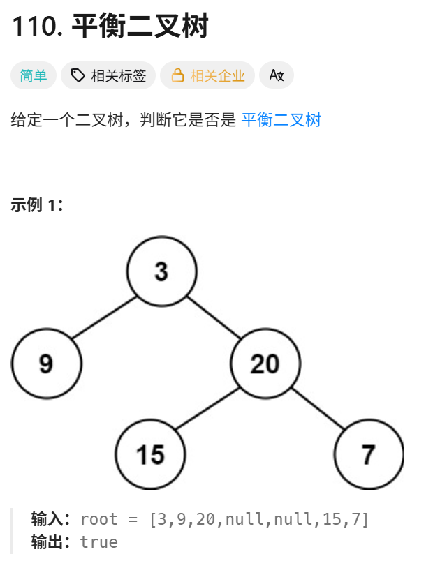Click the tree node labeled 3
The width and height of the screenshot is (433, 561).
pyautogui.click(x=162, y=271)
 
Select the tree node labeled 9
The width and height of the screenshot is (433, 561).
pyautogui.click(x=47, y=364)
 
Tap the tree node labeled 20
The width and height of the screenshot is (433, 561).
pyautogui.click(x=265, y=364)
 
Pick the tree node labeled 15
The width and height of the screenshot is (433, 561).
pyautogui.click(x=150, y=455)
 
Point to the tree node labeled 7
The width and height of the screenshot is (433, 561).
pyautogui.click(x=369, y=455)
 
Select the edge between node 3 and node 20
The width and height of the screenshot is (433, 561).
pyautogui.click(x=214, y=318)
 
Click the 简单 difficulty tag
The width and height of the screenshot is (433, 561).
pyautogui.click(x=34, y=76)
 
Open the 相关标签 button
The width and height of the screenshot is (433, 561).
pyautogui.click(x=108, y=76)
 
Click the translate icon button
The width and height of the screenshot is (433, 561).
pyautogui.click(x=276, y=76)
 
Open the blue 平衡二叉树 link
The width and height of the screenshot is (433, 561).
pyautogui.click(x=281, y=120)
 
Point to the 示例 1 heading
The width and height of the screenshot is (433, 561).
pyautogui.click(x=37, y=205)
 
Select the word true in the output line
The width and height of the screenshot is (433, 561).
pyautogui.click(x=99, y=542)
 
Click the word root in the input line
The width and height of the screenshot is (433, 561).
pyautogui.click(x=99, y=519)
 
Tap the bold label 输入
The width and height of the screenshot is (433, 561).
pyautogui.click(x=50, y=519)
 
